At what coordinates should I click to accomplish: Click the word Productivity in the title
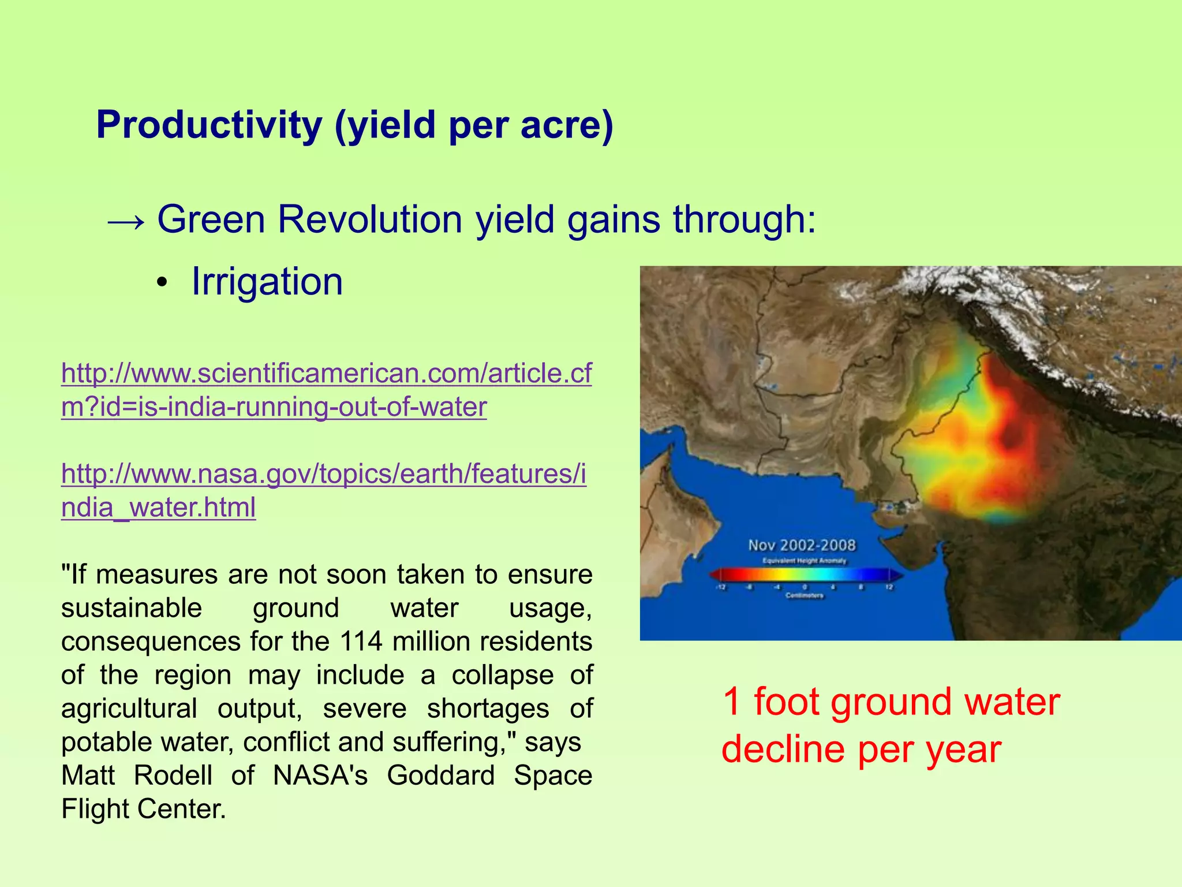[209, 125]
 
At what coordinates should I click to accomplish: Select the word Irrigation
[267, 282]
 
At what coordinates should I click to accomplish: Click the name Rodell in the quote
[173, 776]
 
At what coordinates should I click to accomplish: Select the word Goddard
[440, 776]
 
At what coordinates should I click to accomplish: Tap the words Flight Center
[143, 809]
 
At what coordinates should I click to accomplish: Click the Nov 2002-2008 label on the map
[802, 545]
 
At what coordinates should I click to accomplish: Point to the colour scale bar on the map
[805, 574]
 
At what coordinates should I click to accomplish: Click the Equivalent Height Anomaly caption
[804, 561]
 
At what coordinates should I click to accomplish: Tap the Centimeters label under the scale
[804, 595]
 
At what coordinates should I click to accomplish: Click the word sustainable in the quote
[132, 608]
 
